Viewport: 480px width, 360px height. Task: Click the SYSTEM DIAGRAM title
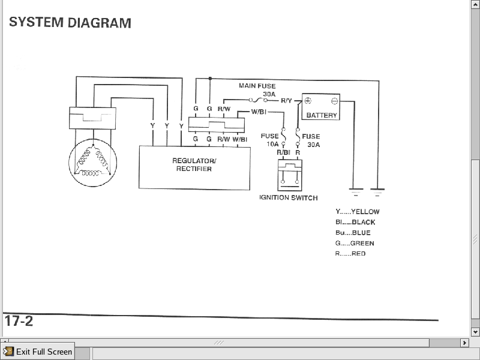click(x=70, y=23)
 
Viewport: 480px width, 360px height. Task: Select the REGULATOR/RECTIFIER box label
click(x=194, y=164)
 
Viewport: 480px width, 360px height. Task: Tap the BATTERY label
click(x=322, y=115)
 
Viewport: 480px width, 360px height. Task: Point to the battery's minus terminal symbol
click(x=334, y=100)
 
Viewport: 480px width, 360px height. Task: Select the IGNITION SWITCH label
click(x=288, y=197)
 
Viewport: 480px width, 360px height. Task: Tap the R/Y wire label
click(x=286, y=101)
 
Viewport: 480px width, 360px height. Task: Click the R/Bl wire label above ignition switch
click(x=283, y=152)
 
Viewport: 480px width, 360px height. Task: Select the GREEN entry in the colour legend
click(x=355, y=243)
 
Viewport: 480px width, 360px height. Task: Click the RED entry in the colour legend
click(x=350, y=254)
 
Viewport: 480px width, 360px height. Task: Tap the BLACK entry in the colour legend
click(x=355, y=222)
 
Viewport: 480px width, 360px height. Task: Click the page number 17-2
click(x=19, y=320)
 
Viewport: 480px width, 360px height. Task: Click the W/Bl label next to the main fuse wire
click(x=259, y=112)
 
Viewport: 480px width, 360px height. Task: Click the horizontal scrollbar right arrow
click(x=464, y=343)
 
